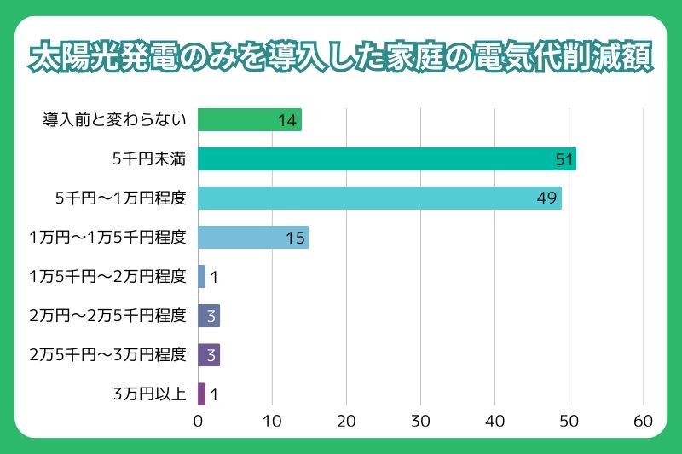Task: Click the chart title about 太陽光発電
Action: (341, 57)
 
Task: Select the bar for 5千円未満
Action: (386, 159)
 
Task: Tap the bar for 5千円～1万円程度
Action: (379, 198)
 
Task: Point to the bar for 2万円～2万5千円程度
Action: (209, 316)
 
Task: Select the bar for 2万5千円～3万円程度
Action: (209, 354)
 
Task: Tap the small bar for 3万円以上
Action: (202, 394)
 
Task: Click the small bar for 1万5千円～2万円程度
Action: (202, 277)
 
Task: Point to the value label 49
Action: (547, 198)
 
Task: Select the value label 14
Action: (287, 120)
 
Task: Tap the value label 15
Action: (295, 238)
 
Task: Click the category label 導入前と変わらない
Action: (114, 120)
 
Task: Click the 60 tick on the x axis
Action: (643, 421)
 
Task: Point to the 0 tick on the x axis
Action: (198, 421)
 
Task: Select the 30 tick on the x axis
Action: (420, 421)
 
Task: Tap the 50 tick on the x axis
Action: (569, 421)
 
